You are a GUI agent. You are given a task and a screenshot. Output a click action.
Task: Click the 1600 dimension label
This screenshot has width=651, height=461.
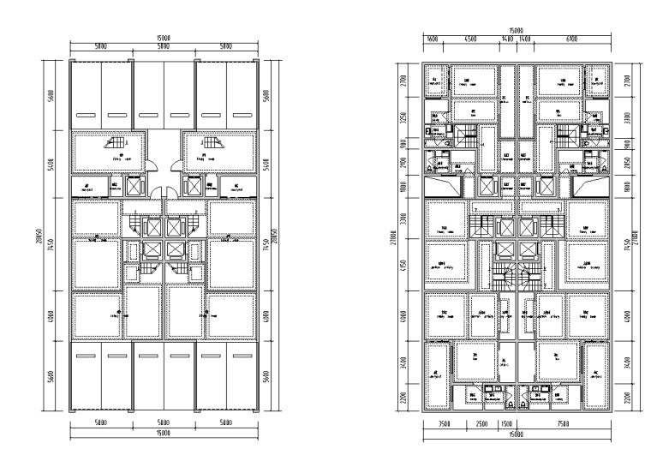point(433,39)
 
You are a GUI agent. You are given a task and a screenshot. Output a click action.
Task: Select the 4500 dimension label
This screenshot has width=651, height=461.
point(469,39)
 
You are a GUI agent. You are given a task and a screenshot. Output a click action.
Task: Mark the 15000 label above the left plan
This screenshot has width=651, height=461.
point(163,39)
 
